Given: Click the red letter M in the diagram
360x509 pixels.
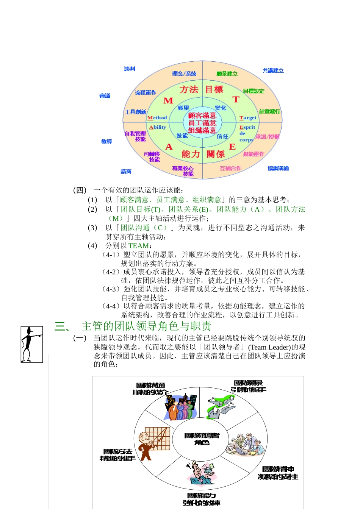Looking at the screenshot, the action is point(168,101).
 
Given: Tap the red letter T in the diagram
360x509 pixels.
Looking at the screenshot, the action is point(236,100).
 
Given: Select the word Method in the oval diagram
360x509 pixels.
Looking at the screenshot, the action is point(157,118).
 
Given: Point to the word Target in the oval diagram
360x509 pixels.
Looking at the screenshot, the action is point(248,118).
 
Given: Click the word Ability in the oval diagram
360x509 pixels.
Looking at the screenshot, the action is point(158,127).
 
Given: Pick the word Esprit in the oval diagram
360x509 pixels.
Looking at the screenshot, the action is point(247,127).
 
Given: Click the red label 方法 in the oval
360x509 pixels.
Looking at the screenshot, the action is point(189,90).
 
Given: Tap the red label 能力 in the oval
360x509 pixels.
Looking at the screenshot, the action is point(191,154).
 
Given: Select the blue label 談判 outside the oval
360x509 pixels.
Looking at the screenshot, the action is point(130,69).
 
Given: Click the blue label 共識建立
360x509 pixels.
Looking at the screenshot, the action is point(273,70).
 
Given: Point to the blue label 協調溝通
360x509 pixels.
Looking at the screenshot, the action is point(278,168).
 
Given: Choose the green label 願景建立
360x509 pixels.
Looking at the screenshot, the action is point(227,74).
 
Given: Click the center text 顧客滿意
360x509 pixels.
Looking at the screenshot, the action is point(202,116).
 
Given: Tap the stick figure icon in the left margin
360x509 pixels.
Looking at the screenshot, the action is point(31,344).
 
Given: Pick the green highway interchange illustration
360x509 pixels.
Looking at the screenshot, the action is point(221,406).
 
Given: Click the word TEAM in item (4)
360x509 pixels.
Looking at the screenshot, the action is point(138,245).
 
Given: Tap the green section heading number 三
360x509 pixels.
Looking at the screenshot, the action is point(61,326).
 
